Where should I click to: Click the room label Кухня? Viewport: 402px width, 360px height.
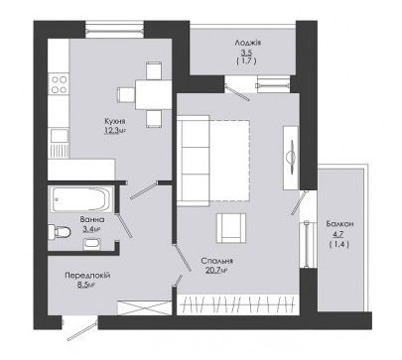(115, 121)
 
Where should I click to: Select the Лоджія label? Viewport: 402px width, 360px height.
(248, 43)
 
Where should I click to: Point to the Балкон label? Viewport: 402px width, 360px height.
(339, 224)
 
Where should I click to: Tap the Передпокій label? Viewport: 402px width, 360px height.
(87, 276)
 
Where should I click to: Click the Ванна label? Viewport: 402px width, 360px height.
(92, 219)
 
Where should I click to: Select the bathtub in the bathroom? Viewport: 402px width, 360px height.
(80, 199)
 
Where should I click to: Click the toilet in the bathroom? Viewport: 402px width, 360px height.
(60, 232)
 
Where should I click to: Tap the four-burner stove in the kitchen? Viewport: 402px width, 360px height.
(59, 84)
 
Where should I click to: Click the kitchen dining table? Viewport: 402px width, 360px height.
(153, 95)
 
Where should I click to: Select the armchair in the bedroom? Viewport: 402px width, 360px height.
(231, 228)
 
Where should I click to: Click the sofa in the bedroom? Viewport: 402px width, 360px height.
(194, 161)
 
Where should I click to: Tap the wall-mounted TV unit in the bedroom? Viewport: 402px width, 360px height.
(291, 158)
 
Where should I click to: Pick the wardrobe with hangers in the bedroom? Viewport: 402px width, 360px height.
(238, 304)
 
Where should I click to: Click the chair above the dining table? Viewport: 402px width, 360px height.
(154, 70)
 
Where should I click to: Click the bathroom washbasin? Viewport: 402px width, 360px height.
(90, 244)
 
